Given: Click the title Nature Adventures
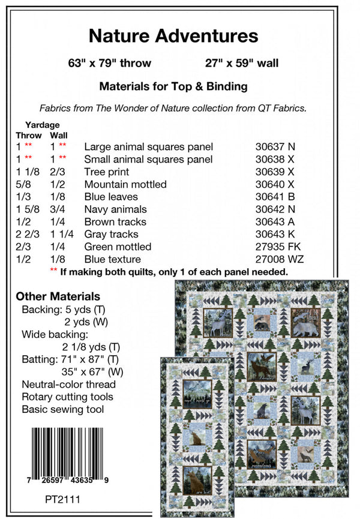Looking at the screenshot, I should [x=173, y=36].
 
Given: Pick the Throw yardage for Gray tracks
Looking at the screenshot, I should [x=26, y=234].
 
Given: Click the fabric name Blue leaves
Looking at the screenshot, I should [x=111, y=197].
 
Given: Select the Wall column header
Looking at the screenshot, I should [x=60, y=136].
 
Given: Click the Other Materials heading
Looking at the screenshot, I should [x=58, y=296].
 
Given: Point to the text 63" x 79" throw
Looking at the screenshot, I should [x=110, y=63].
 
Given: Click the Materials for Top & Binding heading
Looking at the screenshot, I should [x=173, y=86].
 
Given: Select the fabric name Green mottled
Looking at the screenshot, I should [x=118, y=247].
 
